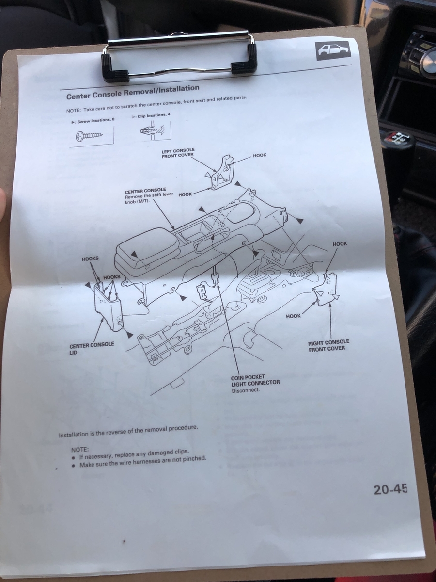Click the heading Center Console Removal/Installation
coord(133,92)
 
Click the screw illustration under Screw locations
coord(90,137)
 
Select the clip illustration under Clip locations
coord(154,130)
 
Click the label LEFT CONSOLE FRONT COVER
coord(178,153)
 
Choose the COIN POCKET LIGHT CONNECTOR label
coord(255,380)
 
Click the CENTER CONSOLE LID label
coord(92,349)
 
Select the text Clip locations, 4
coord(151,116)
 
